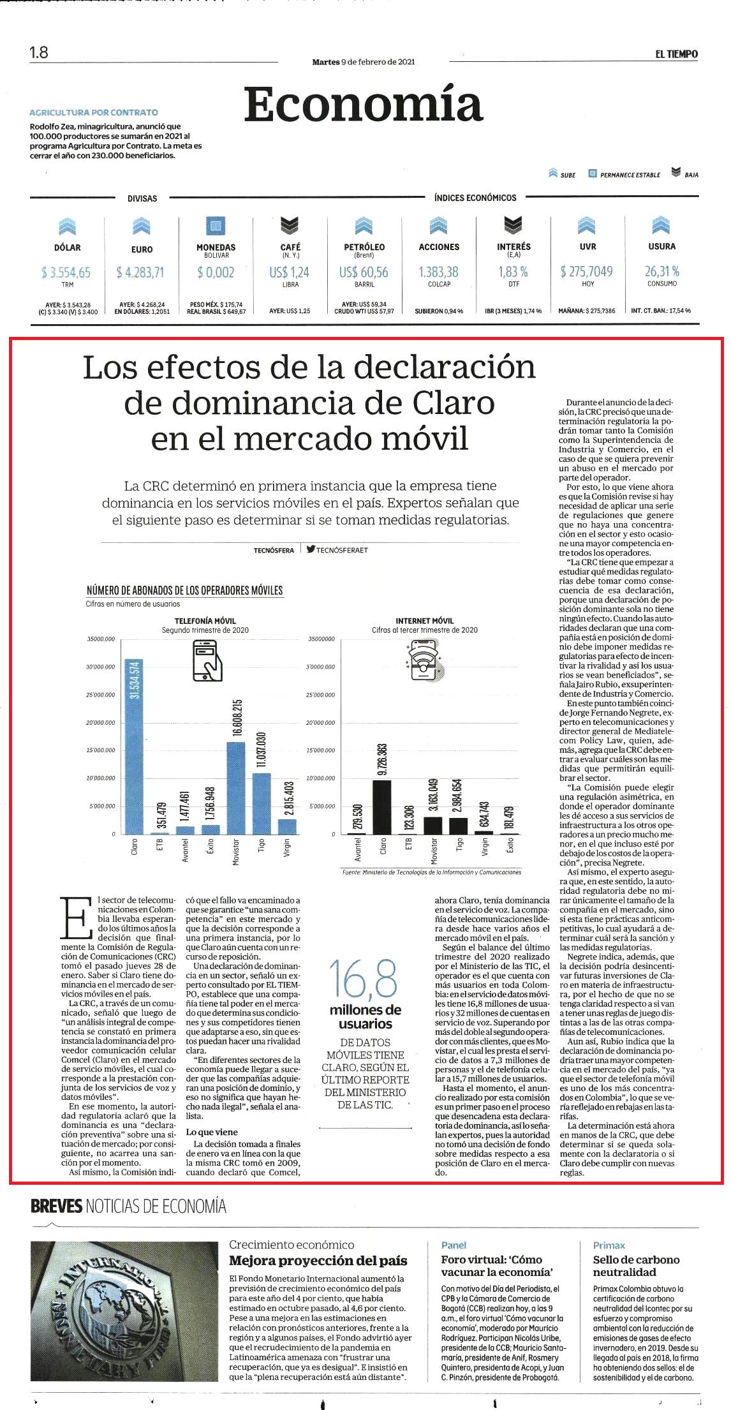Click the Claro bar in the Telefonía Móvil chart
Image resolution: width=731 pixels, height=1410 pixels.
(x=134, y=746)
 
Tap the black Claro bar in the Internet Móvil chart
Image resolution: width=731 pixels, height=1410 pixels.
(x=382, y=807)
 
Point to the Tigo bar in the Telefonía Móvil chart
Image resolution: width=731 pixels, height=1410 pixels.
(x=262, y=803)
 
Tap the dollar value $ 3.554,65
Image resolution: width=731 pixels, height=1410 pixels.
(x=66, y=272)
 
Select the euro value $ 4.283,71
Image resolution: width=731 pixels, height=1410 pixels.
(x=140, y=272)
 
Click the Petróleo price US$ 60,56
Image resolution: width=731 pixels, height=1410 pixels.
(x=364, y=272)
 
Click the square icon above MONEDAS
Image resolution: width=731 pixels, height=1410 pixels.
(x=216, y=226)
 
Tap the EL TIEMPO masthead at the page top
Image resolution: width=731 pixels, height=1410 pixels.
(x=676, y=54)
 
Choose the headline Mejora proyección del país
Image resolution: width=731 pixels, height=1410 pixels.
(x=318, y=1261)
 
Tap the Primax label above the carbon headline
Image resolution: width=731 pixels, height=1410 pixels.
(x=609, y=1245)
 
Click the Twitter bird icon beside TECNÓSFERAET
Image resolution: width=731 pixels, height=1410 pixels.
(x=311, y=549)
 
